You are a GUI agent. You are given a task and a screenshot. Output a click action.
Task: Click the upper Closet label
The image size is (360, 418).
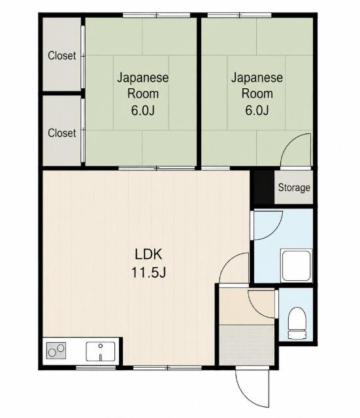coord(62,56)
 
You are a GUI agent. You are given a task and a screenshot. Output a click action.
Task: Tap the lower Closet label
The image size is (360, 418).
coord(62,133)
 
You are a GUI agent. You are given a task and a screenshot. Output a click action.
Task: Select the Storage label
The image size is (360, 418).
coord(294,187)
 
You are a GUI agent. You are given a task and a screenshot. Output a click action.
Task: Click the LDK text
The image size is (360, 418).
coord(148,254)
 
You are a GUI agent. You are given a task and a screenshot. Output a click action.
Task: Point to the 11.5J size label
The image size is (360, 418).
coord(148,272)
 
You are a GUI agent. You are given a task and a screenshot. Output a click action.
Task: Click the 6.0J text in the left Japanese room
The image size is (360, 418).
coord(142,110)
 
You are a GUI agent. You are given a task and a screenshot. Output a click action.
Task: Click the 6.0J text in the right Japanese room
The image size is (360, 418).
coord(257,110)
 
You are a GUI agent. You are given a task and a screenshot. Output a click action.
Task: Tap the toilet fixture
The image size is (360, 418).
coord(297,323)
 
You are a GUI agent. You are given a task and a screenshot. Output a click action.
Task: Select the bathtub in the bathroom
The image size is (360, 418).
coord(296,265)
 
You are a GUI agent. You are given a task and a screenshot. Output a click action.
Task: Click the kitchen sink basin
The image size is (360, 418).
coord(100,351)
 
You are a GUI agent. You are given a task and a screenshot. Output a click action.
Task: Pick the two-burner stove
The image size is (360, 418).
coord(56,351)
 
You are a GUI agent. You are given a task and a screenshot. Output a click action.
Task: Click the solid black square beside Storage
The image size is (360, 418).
coord(263,187)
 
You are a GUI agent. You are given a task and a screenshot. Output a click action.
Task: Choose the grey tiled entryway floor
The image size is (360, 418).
coord(247,345)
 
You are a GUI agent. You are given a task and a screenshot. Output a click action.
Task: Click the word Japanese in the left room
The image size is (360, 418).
coord(142,78)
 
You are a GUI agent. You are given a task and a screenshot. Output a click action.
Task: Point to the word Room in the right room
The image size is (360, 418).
coord(257,93)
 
